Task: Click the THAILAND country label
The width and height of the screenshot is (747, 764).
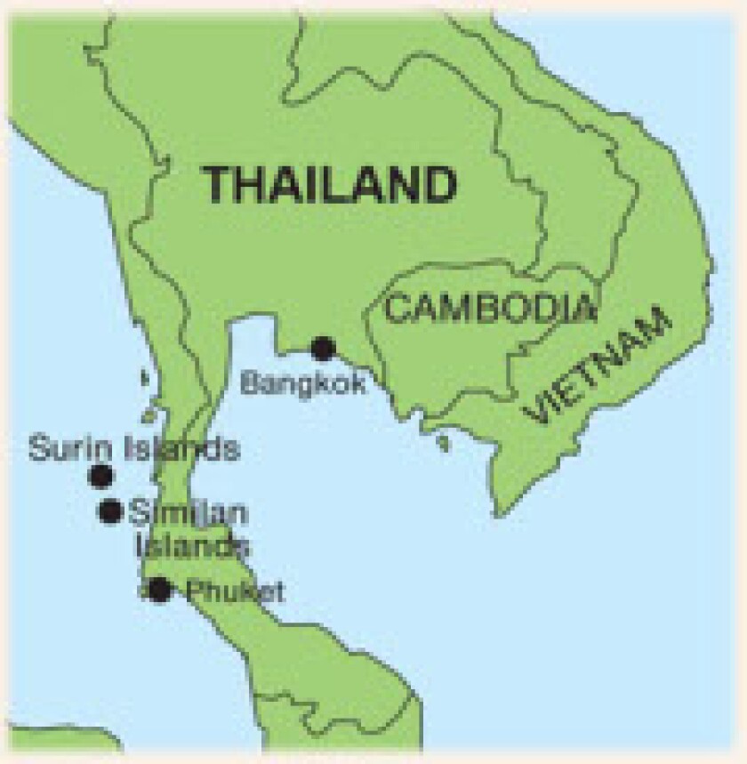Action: (331, 185)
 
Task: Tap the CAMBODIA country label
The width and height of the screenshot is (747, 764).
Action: (490, 309)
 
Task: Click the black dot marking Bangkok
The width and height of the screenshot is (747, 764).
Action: (323, 348)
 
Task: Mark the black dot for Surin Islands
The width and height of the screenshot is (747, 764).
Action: (101, 476)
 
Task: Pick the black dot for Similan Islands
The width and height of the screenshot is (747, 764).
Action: (110, 511)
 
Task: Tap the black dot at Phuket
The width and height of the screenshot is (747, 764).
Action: (159, 589)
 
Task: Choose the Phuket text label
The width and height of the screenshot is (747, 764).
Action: (233, 591)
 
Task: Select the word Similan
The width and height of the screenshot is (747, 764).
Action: (189, 513)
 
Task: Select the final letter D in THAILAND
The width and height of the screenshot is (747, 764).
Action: (440, 185)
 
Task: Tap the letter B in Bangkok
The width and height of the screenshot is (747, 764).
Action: (250, 383)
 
